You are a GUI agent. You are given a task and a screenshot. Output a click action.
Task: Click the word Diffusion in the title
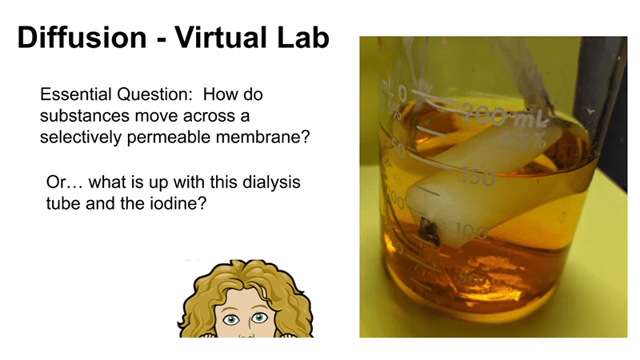[82, 38]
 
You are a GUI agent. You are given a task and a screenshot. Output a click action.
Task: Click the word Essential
[76, 94]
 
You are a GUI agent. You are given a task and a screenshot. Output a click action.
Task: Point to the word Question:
[154, 95]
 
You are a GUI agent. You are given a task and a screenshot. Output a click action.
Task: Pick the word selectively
[81, 138]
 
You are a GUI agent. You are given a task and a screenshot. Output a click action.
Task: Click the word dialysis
[271, 183]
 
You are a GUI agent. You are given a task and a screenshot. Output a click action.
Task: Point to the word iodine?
[178, 203]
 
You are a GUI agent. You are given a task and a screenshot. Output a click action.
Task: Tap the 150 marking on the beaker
[478, 178]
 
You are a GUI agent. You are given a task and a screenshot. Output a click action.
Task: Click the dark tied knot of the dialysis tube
[429, 231]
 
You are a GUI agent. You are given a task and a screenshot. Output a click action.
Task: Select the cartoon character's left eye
[231, 319]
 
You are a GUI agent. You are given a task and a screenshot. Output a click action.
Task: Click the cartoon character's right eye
[258, 317]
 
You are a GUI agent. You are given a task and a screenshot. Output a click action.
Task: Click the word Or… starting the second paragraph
[65, 182]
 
